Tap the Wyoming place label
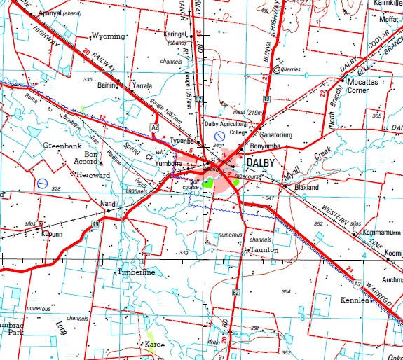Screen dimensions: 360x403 108,36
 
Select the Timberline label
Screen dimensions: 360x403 136,272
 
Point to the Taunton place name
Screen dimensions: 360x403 264,250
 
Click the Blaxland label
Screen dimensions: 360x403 306,188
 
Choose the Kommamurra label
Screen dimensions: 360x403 382,233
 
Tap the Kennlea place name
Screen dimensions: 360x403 354,300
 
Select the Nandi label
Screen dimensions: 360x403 109,203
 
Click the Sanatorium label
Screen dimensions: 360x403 273,134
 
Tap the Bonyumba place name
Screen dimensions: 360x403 265,146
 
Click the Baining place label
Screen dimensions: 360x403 109,85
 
